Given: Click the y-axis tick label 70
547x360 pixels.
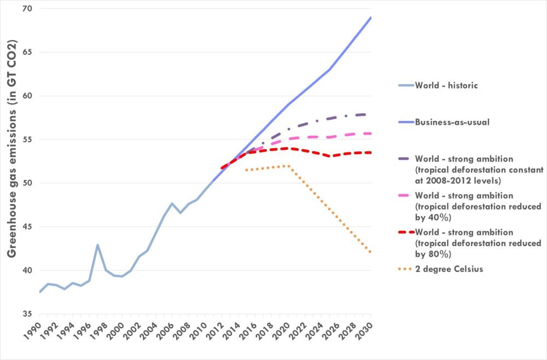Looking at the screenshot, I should pyautogui.click(x=27, y=9).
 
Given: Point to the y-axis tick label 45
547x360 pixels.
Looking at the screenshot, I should pyautogui.click(x=27, y=227).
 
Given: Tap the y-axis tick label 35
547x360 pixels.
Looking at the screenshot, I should pyautogui.click(x=27, y=313).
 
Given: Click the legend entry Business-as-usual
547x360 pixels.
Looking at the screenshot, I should pyautogui.click(x=452, y=122).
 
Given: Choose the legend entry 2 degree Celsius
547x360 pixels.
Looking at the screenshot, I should pyautogui.click(x=449, y=269).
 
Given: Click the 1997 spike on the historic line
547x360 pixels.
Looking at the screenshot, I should pyautogui.click(x=97, y=245).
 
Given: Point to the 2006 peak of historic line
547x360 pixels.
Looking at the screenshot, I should pyautogui.click(x=172, y=204).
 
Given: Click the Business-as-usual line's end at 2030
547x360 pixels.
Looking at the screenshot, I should pyautogui.click(x=371, y=18).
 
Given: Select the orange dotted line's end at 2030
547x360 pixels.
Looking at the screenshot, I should pyautogui.click(x=371, y=252).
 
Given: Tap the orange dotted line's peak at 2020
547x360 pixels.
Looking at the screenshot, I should pyautogui.click(x=288, y=166).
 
